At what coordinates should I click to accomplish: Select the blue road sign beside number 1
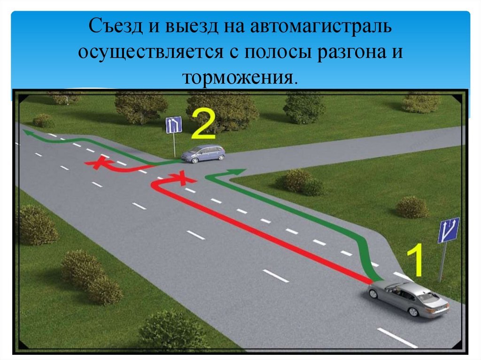(448, 230)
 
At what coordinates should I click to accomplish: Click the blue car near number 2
(203, 153)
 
